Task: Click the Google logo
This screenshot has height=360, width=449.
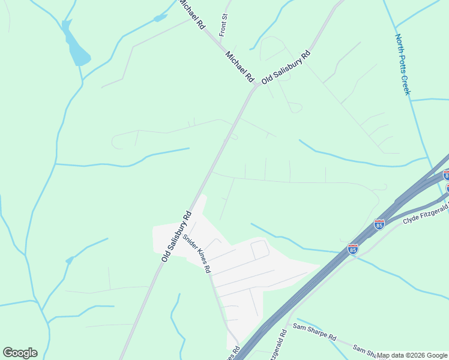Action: pos(20,353)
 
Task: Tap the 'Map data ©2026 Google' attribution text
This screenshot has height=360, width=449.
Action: pos(412,355)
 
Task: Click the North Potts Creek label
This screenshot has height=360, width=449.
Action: pos(402,64)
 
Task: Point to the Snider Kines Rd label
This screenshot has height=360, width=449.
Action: pos(197,253)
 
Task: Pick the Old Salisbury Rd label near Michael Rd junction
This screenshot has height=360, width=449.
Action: pos(286,67)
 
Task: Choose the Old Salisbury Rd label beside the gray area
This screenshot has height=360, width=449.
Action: pos(176,236)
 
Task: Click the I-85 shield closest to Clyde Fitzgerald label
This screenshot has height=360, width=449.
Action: pos(379,224)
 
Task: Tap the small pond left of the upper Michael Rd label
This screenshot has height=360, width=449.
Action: pos(160,18)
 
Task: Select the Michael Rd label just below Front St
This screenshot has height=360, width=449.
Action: pos(240,67)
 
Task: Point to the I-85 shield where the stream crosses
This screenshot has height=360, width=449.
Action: pos(352,248)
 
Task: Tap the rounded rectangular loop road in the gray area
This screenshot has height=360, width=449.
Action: pos(259,249)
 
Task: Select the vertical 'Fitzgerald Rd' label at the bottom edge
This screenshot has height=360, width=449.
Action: pos(277,345)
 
